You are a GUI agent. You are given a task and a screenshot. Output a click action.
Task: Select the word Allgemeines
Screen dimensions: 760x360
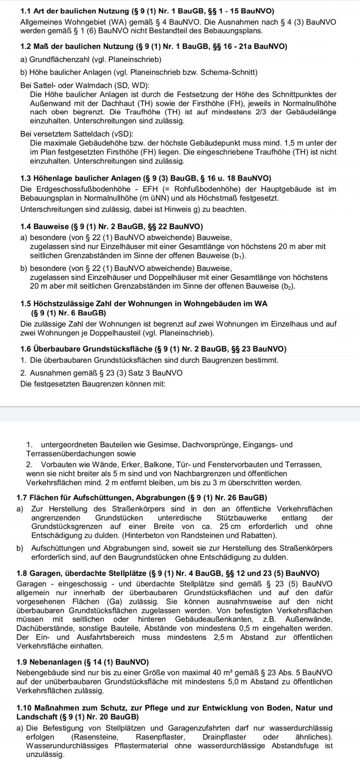(x=42, y=22)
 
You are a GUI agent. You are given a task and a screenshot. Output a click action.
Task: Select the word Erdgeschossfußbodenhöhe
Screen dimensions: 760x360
(x=74, y=189)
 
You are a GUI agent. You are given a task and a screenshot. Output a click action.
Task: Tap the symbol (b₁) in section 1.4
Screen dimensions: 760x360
(x=238, y=256)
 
